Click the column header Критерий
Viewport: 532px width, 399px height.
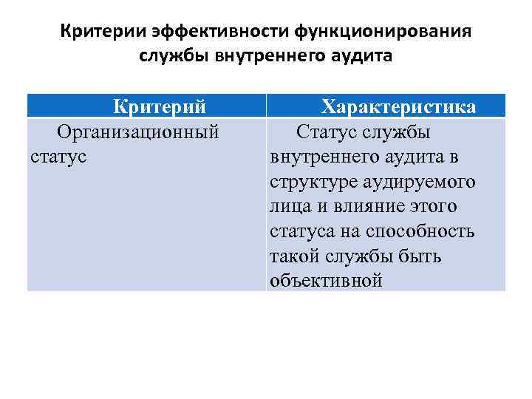159,107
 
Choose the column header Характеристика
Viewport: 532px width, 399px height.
398,107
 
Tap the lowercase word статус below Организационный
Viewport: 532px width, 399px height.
58,157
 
